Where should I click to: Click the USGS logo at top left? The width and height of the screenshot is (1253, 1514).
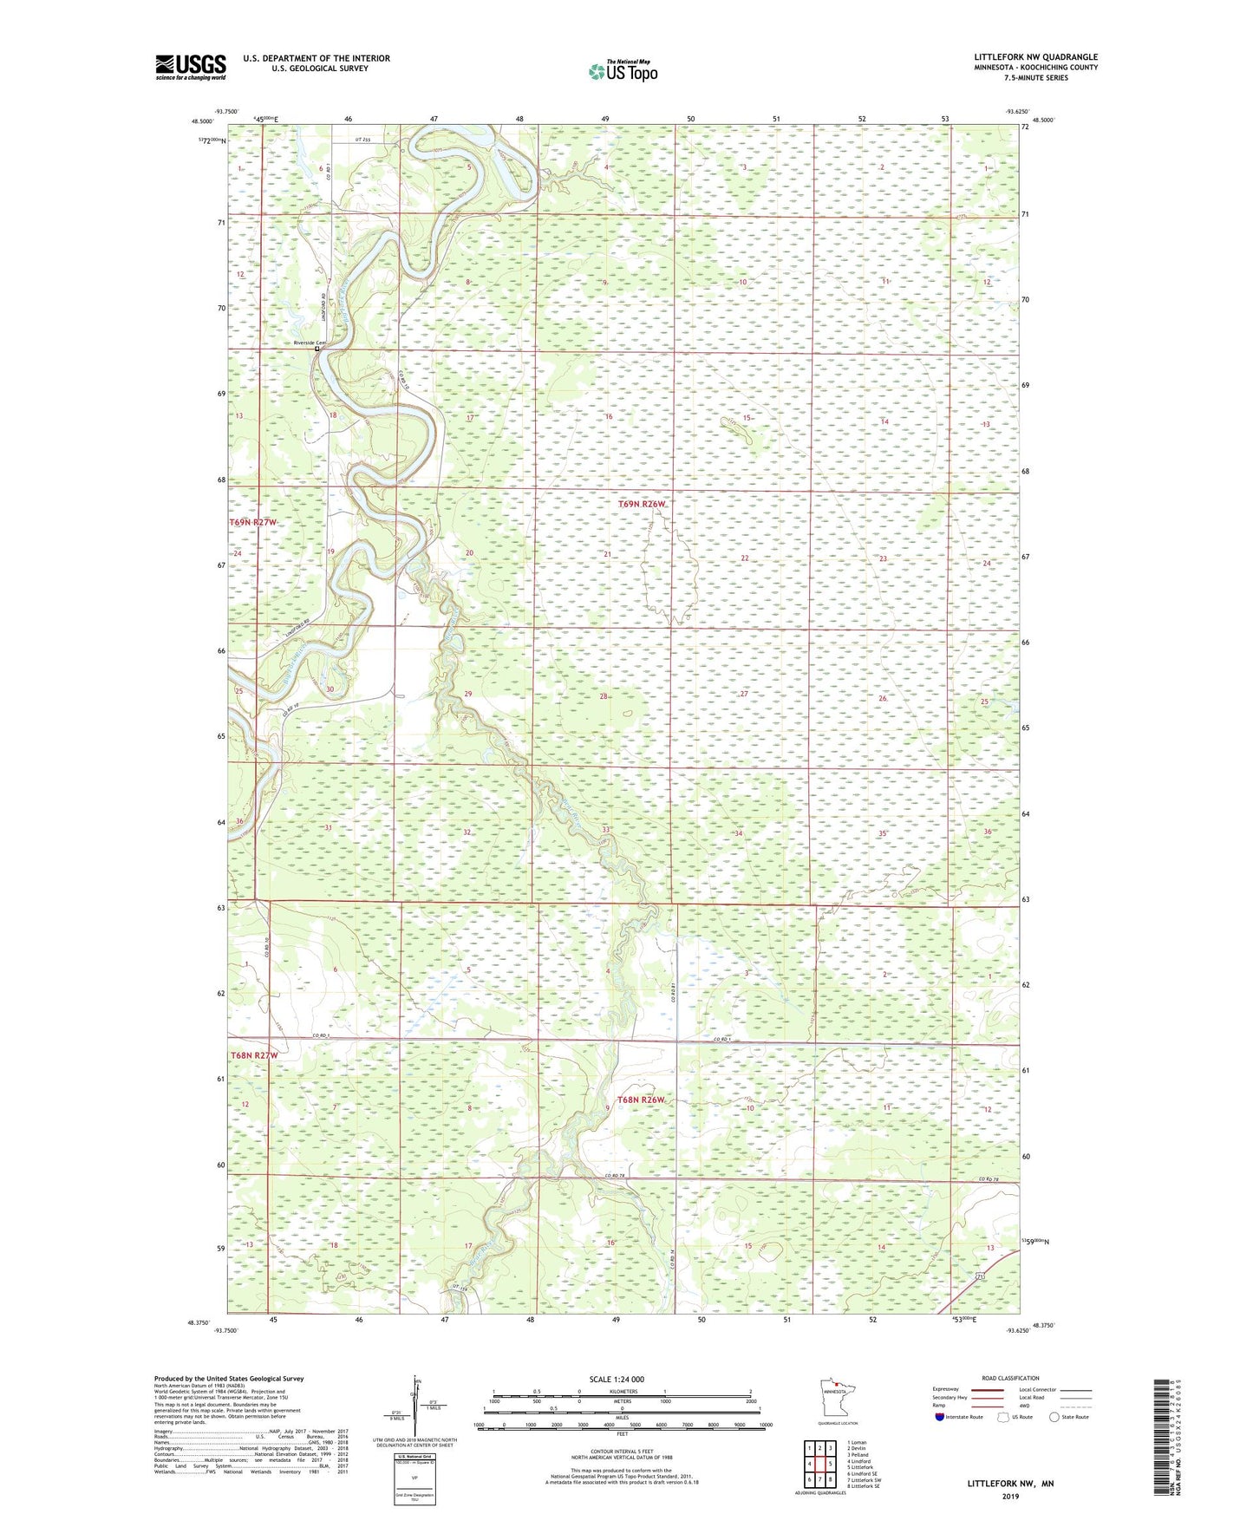[x=190, y=67]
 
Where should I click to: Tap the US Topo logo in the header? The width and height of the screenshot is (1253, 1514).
[x=621, y=71]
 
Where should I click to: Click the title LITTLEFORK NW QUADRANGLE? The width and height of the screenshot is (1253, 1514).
[x=1035, y=57]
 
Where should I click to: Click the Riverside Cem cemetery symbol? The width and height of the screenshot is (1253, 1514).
[x=317, y=349]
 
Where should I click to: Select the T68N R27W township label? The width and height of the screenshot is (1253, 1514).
[x=254, y=1055]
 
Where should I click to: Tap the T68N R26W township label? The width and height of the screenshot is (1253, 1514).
[x=642, y=1100]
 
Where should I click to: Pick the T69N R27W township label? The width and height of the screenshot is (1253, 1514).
[x=254, y=522]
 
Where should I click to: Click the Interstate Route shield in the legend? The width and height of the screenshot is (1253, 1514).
[x=939, y=1417]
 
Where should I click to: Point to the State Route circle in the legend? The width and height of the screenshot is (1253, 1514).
[x=1054, y=1417]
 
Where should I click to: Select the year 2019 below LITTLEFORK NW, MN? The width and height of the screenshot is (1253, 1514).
[x=1010, y=1496]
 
